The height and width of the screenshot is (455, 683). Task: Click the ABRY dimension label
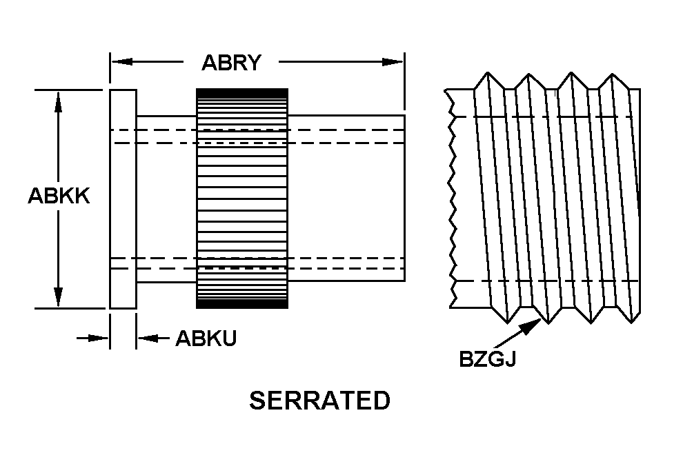click(x=231, y=63)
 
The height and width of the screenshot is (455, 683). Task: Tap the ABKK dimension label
click(x=59, y=196)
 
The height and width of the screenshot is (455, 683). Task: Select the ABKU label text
click(x=206, y=338)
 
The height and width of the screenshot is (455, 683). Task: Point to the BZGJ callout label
click(x=488, y=359)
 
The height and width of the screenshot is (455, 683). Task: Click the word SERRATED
click(x=319, y=401)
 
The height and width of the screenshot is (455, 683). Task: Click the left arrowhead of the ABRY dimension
click(x=122, y=62)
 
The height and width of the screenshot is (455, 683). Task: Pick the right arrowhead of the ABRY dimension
click(x=393, y=62)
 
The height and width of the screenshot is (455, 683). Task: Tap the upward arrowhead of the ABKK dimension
click(x=58, y=102)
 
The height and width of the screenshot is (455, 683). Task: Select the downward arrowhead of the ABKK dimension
click(x=58, y=296)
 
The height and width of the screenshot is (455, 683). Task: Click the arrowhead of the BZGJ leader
click(x=532, y=326)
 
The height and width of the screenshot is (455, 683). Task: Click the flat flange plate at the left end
click(x=123, y=199)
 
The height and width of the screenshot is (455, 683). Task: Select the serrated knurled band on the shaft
click(x=242, y=199)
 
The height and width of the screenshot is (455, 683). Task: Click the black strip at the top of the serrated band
click(x=242, y=92)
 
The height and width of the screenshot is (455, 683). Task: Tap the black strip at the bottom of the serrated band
click(x=242, y=303)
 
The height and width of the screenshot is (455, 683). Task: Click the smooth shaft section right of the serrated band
click(x=347, y=199)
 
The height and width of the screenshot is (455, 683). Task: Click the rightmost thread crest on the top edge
click(x=613, y=74)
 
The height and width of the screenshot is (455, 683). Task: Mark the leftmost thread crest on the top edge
click(x=488, y=73)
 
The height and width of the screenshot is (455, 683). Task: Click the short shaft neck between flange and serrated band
click(x=166, y=199)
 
